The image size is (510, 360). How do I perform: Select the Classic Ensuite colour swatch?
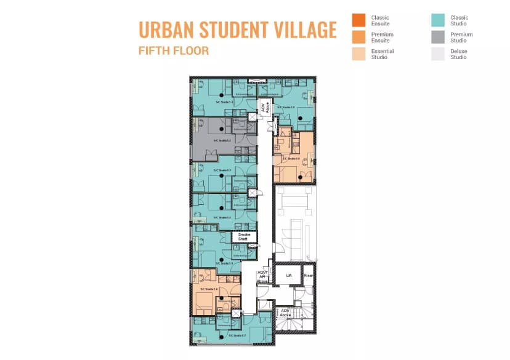coord(358,20)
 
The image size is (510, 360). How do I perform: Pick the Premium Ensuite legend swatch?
coord(358,37)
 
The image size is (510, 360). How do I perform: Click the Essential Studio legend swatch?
coord(358,54)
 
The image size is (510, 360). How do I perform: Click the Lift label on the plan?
coord(288,275)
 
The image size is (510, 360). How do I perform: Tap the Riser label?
coord(308,275)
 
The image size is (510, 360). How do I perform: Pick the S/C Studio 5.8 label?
coord(291,158)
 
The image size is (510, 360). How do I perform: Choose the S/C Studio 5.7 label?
coord(238,335)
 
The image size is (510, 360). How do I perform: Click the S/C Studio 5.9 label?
coord(286,106)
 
